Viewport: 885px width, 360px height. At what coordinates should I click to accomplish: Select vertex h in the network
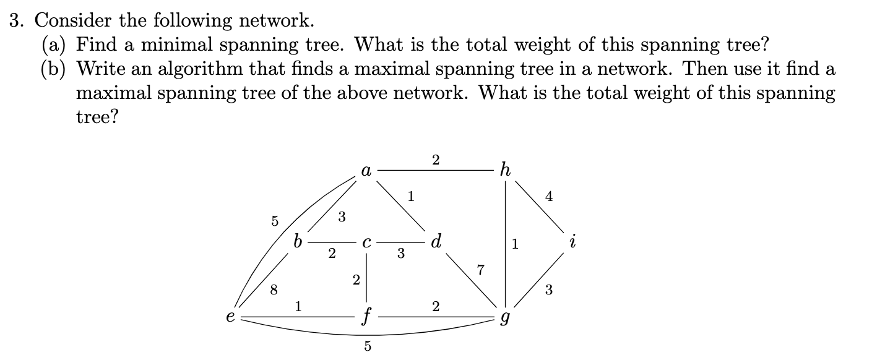coord(505,170)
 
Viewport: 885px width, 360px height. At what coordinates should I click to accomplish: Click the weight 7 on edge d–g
coord(480,269)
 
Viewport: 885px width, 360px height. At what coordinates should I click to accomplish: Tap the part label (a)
coord(55,45)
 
